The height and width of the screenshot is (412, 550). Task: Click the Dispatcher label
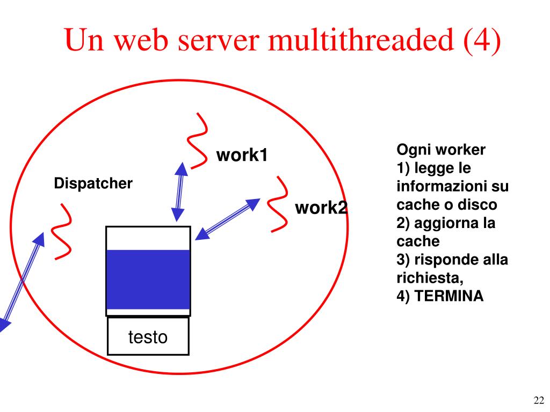(x=93, y=184)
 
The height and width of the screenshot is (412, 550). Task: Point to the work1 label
(x=242, y=156)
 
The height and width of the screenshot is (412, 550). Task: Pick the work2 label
(x=321, y=208)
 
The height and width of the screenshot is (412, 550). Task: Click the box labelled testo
(x=148, y=337)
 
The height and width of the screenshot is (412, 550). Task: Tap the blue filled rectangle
(x=148, y=279)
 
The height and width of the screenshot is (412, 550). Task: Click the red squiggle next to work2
(x=279, y=204)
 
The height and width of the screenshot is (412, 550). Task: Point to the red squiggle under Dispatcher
(x=61, y=231)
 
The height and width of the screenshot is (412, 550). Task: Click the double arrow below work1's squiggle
(x=179, y=192)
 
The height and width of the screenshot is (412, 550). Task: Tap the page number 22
(x=539, y=400)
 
